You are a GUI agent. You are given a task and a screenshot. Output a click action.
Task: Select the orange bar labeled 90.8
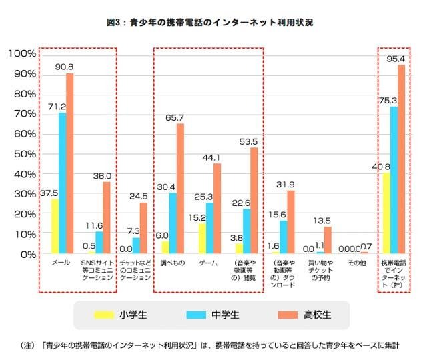pos(69,163)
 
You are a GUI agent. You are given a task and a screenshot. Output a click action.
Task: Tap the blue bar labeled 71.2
pos(63,183)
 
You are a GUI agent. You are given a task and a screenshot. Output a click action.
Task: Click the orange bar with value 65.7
pos(180,189)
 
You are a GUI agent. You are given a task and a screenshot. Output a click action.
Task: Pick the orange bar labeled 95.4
pos(401,159)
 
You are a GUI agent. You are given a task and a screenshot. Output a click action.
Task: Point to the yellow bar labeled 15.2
pos(202,238)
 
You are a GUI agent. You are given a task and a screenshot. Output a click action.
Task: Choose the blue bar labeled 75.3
pos(394,179)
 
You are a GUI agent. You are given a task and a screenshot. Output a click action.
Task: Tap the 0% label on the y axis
pos(27,255)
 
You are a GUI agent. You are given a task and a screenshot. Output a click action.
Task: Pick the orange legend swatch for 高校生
pos(285,313)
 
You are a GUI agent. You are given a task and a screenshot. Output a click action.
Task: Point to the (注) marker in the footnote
pos(28,345)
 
